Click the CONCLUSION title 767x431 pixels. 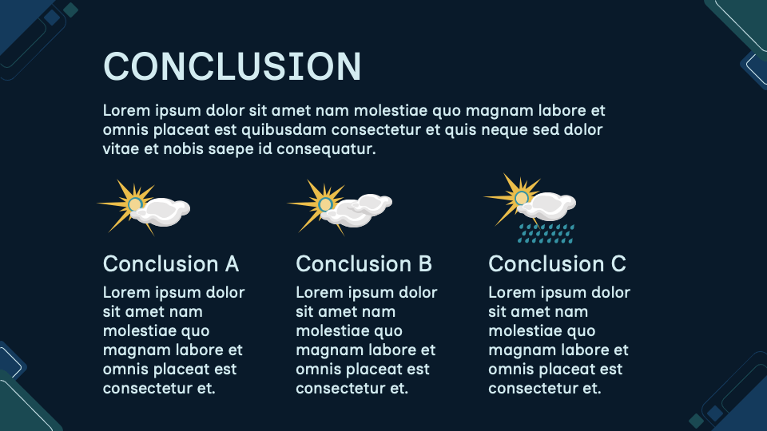(x=232, y=65)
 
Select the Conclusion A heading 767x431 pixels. (x=171, y=263)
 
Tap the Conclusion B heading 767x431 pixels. (x=364, y=263)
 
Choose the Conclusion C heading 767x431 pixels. (x=557, y=263)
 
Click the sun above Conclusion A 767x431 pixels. (x=134, y=204)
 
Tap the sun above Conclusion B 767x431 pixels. (x=324, y=204)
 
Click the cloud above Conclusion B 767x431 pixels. (x=364, y=208)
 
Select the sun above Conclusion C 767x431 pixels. (x=521, y=197)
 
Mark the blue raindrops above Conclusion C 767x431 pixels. (x=546, y=232)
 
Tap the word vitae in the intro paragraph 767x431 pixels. (x=121, y=148)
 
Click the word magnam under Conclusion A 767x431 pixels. (x=135, y=350)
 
